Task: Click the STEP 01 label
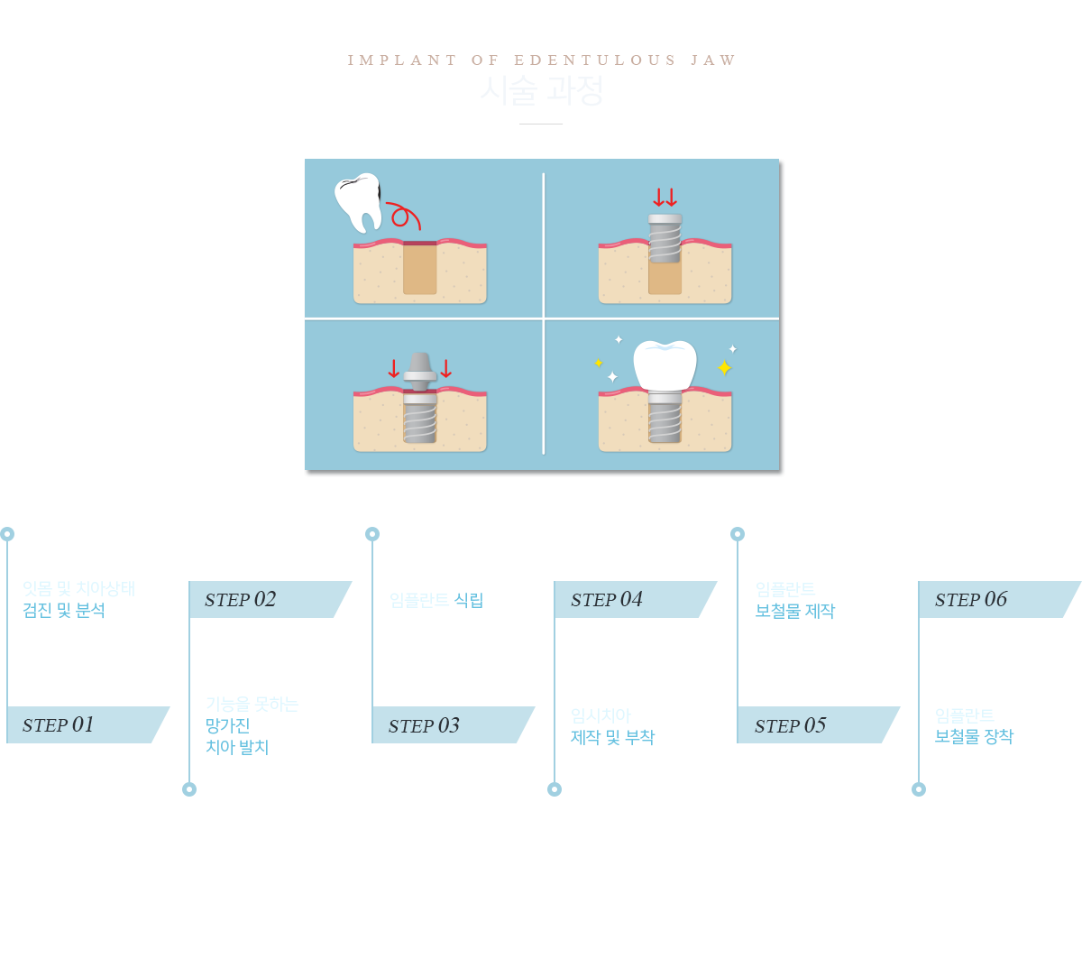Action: point(59,724)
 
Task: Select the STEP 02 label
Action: point(241,599)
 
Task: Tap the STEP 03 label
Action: point(424,725)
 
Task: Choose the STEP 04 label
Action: point(607,599)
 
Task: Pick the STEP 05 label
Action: point(790,725)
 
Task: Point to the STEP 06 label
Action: point(971,599)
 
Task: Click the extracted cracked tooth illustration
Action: point(358,201)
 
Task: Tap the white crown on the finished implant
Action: point(665,364)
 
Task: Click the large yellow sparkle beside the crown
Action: point(724,368)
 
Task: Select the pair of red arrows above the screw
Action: point(665,198)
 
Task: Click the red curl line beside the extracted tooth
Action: point(403,217)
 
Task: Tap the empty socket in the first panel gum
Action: point(420,269)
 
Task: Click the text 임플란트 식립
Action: point(438,600)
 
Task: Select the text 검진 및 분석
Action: point(64,611)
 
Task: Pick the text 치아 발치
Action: point(238,747)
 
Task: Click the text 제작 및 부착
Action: point(613,737)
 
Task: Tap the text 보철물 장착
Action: point(975,737)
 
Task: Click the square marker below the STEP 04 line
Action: point(555,788)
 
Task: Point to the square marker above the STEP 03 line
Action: point(371,533)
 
